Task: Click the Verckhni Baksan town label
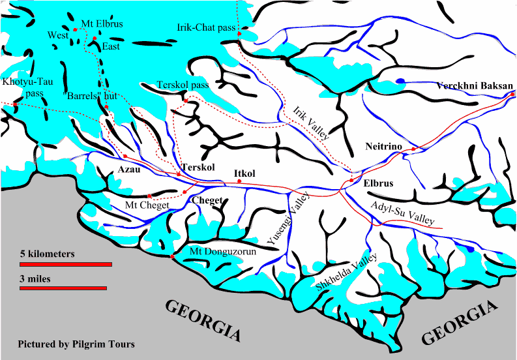(475, 85)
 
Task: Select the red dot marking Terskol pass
(185, 101)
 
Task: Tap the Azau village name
(128, 169)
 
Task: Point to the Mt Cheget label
(147, 205)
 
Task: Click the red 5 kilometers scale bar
(66, 264)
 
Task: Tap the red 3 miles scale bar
(63, 287)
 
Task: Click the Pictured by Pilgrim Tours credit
(76, 343)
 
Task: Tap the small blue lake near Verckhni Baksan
(400, 82)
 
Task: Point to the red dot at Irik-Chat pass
(240, 33)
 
